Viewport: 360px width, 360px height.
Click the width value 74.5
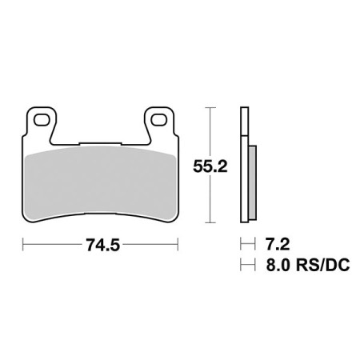coord(99,245)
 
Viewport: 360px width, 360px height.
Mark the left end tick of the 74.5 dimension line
coord(23,245)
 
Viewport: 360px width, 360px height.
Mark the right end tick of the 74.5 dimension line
coord(176,245)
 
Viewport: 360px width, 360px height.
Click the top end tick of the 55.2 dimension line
coord(210,107)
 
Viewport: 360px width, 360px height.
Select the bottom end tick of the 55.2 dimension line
coord(210,222)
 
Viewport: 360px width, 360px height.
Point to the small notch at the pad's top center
coord(99,146)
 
